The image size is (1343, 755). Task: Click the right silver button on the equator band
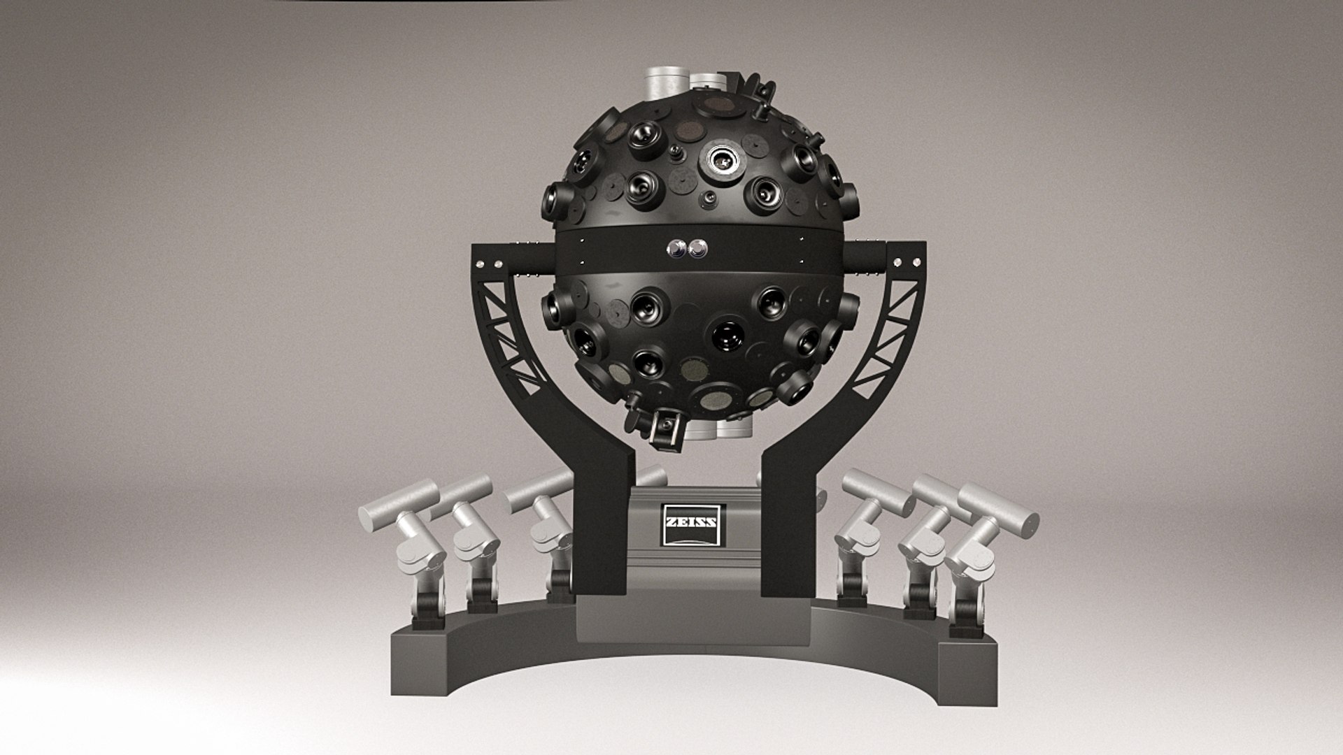(697, 248)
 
